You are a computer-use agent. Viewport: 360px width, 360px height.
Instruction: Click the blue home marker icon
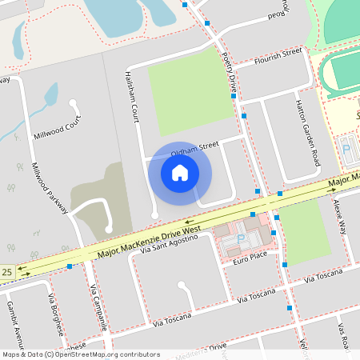click(180, 172)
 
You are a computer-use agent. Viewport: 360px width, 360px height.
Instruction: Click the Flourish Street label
click(277, 54)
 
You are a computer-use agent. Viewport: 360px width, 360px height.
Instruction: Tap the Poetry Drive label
click(230, 71)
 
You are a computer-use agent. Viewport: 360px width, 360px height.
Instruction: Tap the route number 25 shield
click(7, 273)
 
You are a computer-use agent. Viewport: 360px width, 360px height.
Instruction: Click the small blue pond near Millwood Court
click(50, 98)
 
